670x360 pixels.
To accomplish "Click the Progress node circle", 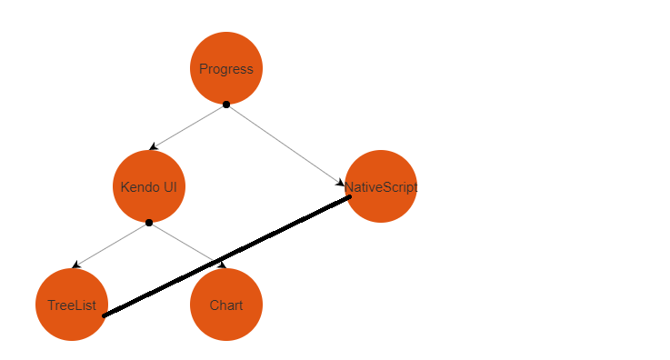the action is [226, 68].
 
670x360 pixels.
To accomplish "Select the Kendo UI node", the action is [149, 186].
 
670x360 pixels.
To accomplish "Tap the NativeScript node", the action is [381, 186].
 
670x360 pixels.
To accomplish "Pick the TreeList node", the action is [72, 305].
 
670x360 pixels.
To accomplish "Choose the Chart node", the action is [226, 305].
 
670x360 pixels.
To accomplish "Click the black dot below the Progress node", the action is [226, 105].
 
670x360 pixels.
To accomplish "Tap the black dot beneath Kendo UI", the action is [149, 223].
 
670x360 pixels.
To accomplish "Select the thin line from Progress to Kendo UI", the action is [188, 127].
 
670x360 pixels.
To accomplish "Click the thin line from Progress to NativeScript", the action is [285, 145].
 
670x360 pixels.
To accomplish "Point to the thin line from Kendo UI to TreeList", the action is [111, 245].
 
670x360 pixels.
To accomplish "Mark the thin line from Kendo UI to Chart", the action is [187, 245].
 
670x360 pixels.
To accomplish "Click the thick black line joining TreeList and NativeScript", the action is [227, 256].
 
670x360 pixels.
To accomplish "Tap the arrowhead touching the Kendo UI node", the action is [154, 147].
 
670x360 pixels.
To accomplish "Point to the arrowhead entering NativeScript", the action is [340, 183].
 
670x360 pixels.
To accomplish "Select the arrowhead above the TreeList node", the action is [76, 265].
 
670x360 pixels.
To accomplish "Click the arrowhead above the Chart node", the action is [222, 265].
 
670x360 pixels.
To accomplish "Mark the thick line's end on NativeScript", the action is [350, 197].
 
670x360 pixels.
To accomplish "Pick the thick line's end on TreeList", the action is [104, 316].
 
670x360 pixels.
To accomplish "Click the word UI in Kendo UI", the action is [171, 187].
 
